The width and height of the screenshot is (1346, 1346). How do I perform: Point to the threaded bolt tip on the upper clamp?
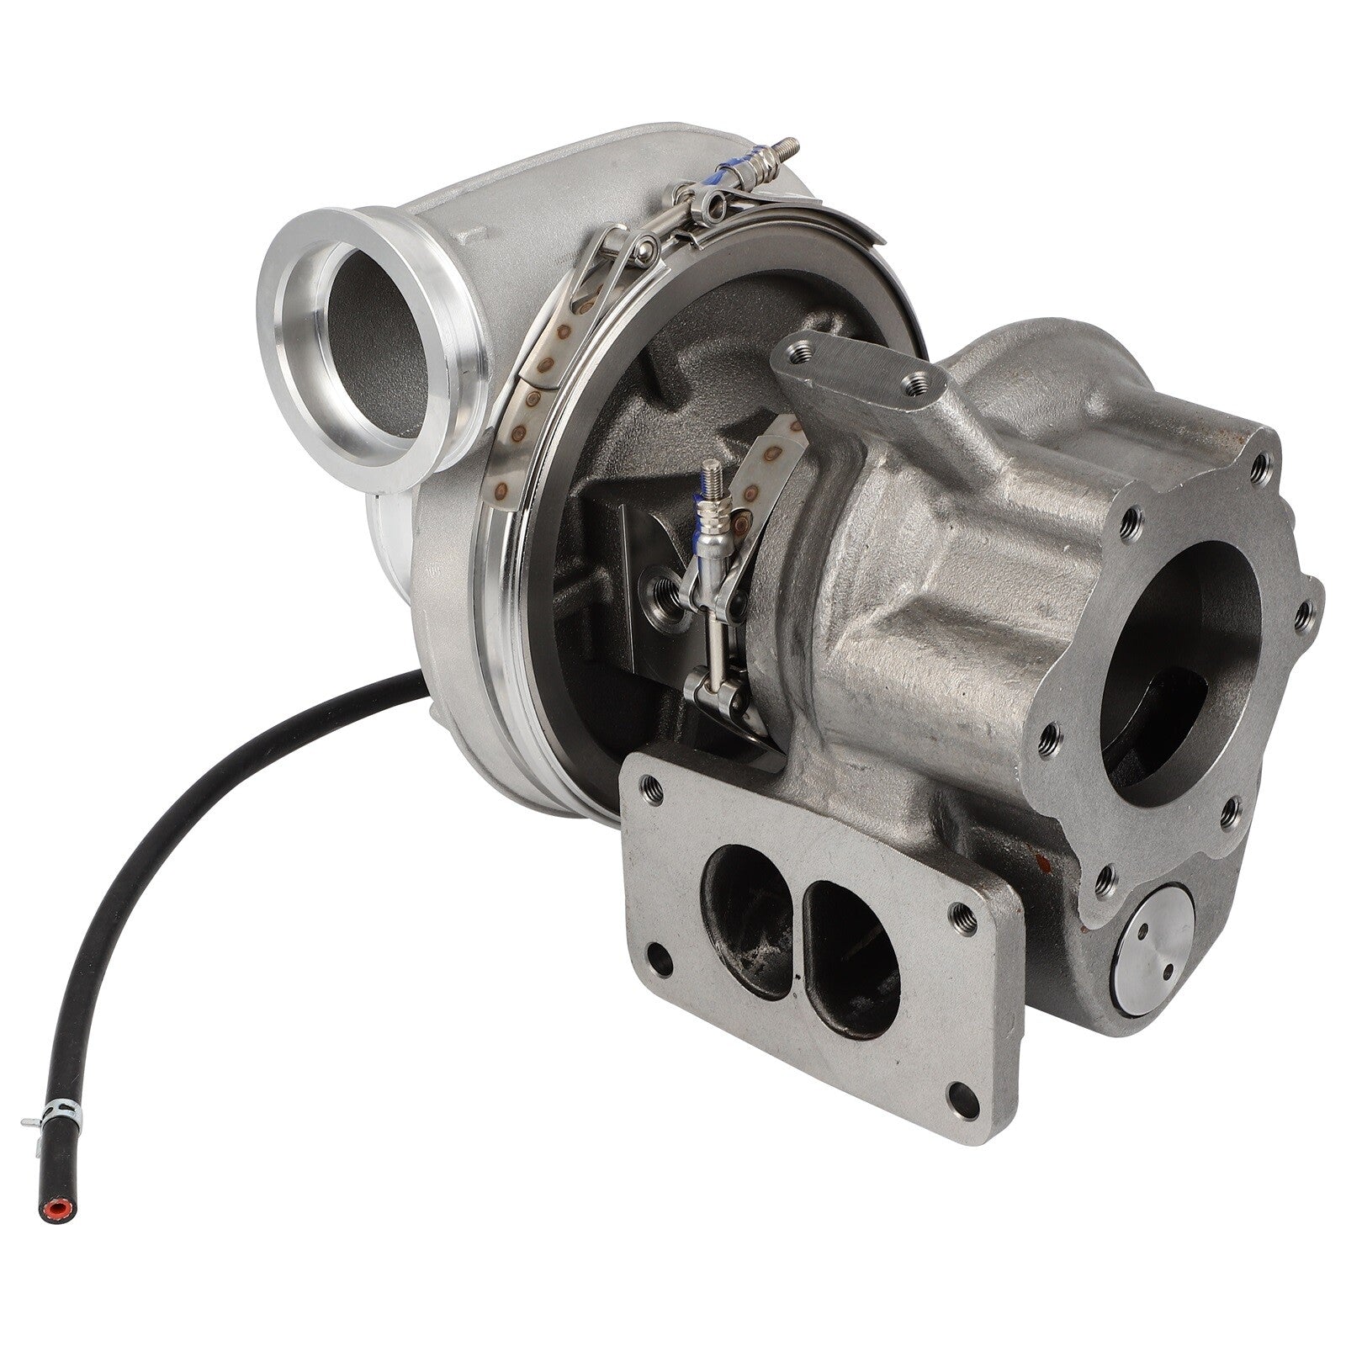pos(788,144)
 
